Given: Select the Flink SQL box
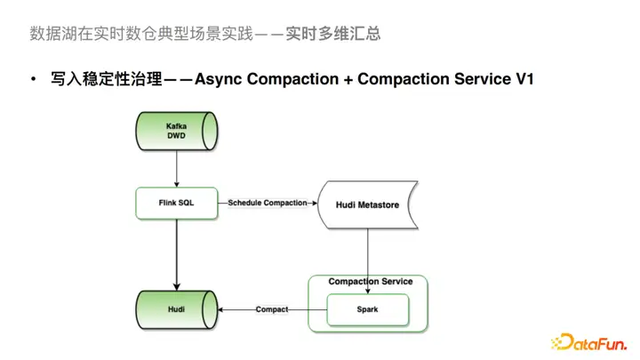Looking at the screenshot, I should [177, 203].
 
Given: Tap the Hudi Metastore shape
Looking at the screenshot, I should [366, 204].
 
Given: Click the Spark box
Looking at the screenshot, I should [366, 309].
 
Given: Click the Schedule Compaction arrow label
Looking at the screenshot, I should [268, 203].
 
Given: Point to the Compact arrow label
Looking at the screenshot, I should [272, 309].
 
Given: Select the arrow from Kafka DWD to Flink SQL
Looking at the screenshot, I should [177, 169].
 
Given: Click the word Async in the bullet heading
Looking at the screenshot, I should [219, 80].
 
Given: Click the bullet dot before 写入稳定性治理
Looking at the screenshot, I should [33, 80].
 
